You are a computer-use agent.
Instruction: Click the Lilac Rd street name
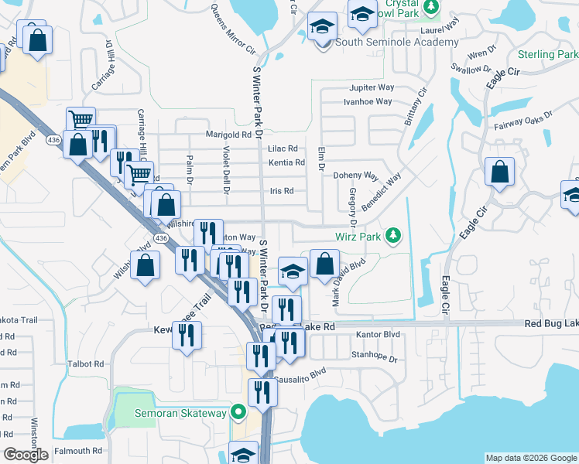click(x=283, y=148)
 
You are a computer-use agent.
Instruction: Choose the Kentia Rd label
click(x=286, y=162)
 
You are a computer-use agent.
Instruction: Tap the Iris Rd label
click(x=282, y=191)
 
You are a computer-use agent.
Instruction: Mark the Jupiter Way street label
click(x=372, y=88)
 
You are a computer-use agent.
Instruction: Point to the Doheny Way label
click(x=355, y=176)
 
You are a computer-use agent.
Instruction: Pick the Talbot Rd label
click(x=86, y=363)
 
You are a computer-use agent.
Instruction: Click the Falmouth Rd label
click(x=78, y=451)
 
